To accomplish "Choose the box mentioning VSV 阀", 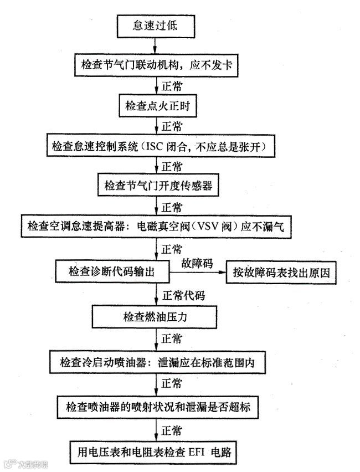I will [x=157, y=226].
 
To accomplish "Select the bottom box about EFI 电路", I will [x=157, y=452].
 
